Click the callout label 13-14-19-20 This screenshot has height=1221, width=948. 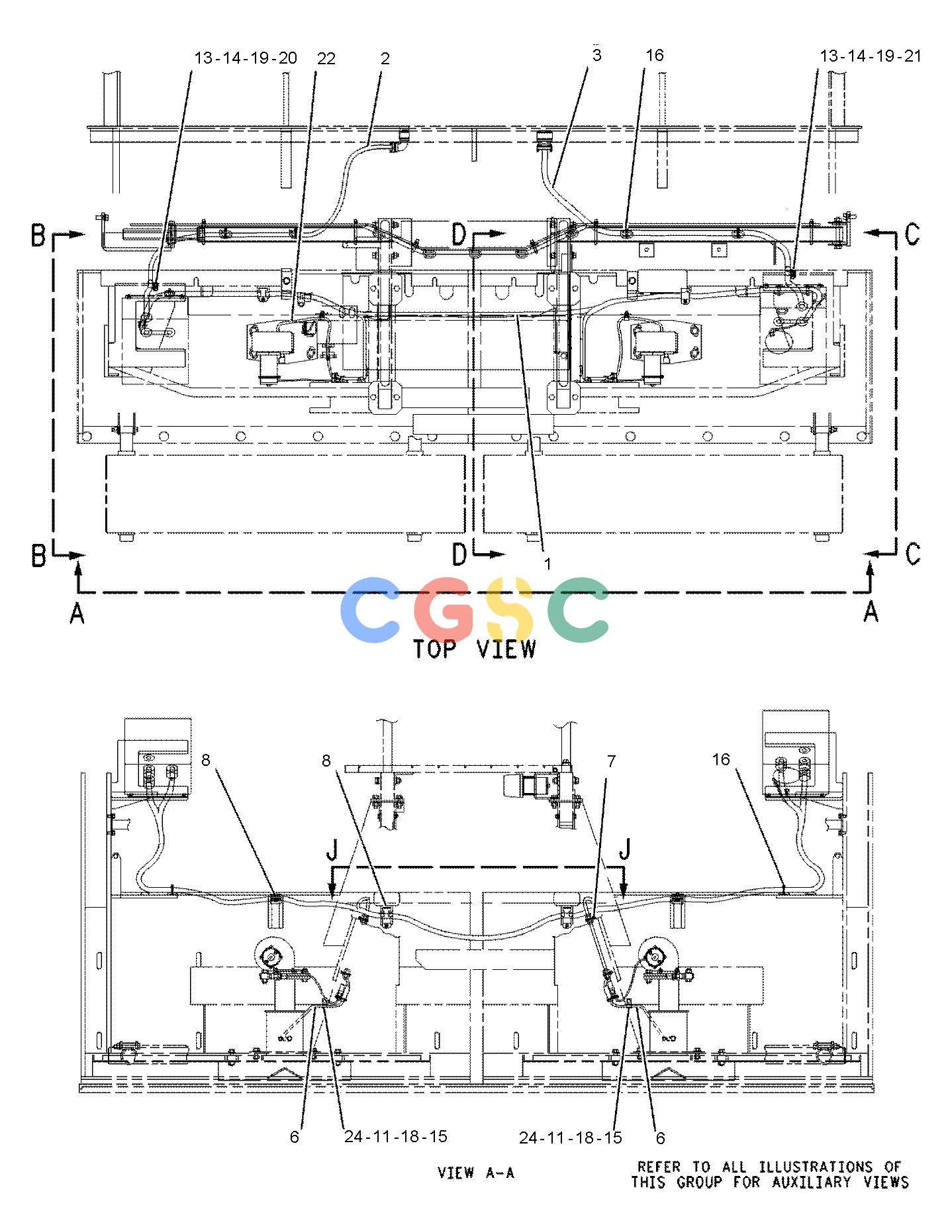coord(246,58)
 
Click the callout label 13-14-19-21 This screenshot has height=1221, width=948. coord(871,56)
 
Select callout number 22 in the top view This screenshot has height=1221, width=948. coord(326,58)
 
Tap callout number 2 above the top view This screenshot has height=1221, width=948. coord(385,58)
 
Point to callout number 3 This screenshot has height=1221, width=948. coord(596,55)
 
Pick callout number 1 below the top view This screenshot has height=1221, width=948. coord(547,563)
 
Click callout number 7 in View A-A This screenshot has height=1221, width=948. coord(611,761)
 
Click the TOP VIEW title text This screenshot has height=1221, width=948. coord(474,649)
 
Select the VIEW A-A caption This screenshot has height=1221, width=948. coord(476,1173)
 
